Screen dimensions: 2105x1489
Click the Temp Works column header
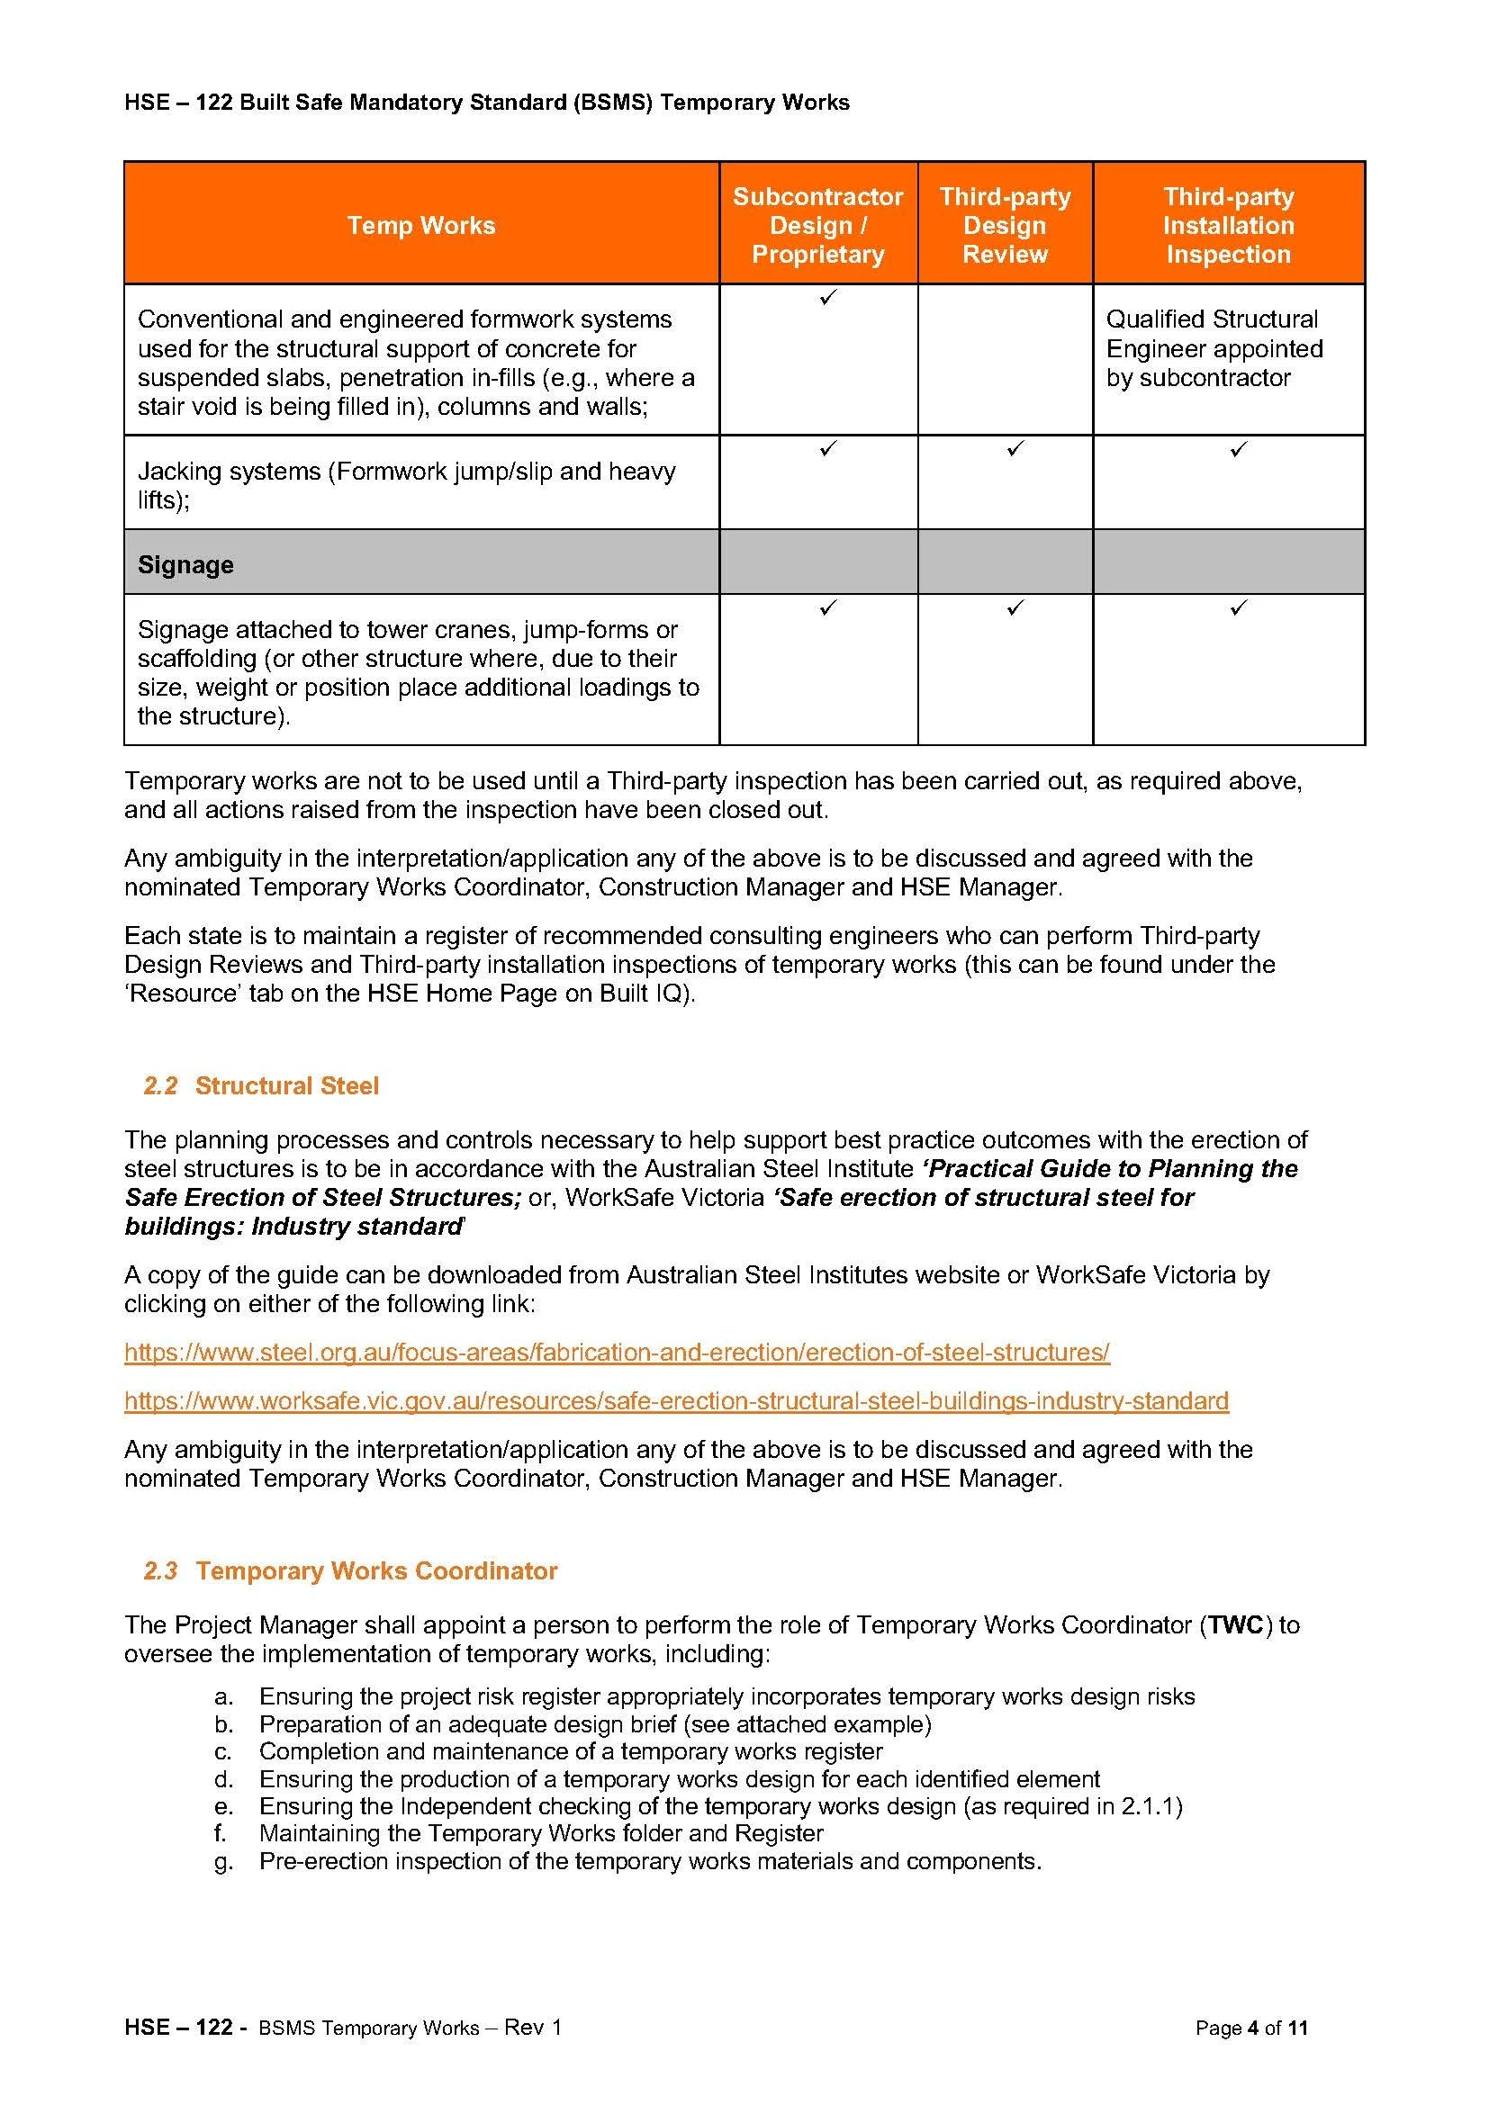point(420,226)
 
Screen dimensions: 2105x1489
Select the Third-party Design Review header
point(1005,226)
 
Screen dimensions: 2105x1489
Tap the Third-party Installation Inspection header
point(1228,226)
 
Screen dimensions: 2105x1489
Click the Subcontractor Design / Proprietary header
point(817,226)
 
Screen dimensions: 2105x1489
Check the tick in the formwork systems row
point(828,297)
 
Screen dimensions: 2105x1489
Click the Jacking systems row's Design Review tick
point(1015,448)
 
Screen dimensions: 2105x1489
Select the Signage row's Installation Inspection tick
point(1239,607)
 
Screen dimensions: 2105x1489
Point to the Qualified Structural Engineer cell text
point(1214,348)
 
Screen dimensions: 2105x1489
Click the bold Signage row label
point(185,565)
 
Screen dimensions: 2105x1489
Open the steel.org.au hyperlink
point(616,1353)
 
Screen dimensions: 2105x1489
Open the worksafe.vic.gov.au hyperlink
point(676,1401)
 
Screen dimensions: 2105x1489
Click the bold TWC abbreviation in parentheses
point(1237,1625)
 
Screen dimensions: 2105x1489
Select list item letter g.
point(222,1862)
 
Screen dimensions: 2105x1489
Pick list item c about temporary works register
point(570,1752)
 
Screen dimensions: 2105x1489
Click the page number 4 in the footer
point(1251,2054)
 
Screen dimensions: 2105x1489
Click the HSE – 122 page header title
point(486,103)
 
